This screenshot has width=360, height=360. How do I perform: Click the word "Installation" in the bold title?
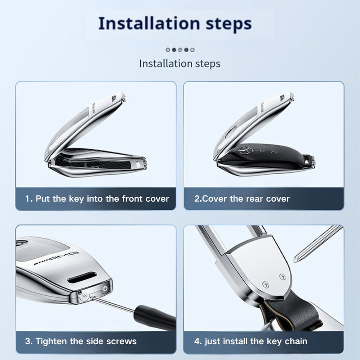coord(149,23)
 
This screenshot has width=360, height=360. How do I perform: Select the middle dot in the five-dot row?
coord(180,49)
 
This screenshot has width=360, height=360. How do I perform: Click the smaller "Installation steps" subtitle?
coord(180,63)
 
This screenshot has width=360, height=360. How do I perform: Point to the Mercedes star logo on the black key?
coord(246,151)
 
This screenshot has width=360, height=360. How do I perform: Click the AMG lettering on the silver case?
coord(57,258)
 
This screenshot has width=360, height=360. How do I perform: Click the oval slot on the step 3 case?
coord(82,277)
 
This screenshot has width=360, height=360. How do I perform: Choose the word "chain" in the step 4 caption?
coord(296,342)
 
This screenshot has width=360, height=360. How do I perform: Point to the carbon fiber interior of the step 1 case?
coord(92,163)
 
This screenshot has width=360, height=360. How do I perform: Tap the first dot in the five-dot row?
coord(168,49)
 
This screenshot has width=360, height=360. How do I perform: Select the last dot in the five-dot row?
coord(193,49)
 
